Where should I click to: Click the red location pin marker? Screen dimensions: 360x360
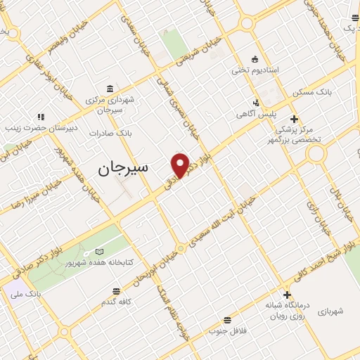[x=181, y=165]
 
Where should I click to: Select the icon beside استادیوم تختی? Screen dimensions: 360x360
[x=255, y=59]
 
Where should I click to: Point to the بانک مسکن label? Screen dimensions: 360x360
[x=314, y=92]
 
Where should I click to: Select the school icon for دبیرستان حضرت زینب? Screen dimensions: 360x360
[x=41, y=117]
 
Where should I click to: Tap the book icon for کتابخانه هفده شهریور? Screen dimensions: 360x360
[x=99, y=252]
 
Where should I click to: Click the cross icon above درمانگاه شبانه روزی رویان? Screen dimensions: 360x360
[x=286, y=294]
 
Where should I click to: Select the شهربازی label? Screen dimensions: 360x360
[x=331, y=310]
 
